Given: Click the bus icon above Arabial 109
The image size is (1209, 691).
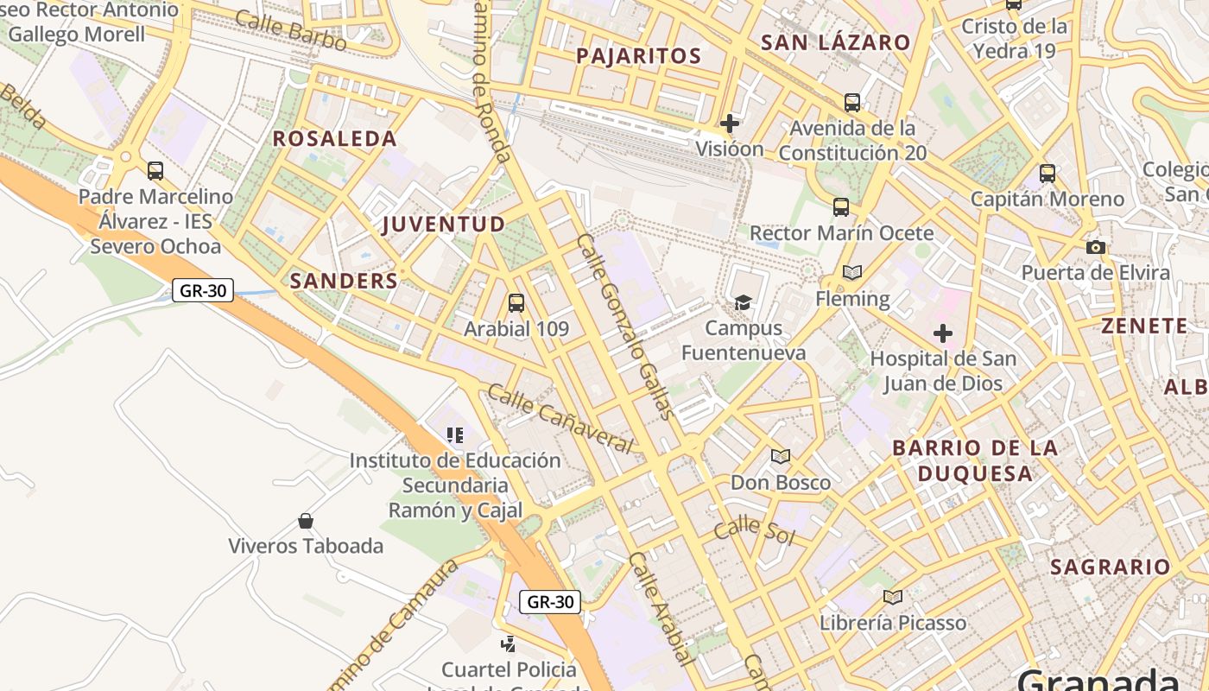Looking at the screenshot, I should click(x=516, y=303).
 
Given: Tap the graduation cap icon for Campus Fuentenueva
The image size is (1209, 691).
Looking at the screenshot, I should click(x=743, y=302).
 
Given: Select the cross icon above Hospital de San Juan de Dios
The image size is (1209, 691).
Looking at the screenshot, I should click(x=943, y=333).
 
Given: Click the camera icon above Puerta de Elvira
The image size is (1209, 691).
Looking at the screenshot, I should click(x=1096, y=248).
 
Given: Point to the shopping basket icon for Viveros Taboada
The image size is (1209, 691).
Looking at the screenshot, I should click(x=305, y=521).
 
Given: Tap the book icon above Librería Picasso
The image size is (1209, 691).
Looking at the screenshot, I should click(x=893, y=597).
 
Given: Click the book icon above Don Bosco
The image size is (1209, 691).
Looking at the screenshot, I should click(x=781, y=456).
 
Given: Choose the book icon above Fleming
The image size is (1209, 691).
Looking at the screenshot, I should click(x=852, y=273).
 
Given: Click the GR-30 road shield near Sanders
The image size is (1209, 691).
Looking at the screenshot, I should click(x=204, y=290).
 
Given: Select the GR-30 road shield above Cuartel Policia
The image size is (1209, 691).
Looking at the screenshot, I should click(x=550, y=602).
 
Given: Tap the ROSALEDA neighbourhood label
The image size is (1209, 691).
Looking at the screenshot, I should click(x=335, y=138).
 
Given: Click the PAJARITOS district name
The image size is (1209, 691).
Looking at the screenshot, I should click(x=638, y=56).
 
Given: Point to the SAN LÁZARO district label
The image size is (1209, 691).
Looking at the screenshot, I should click(x=836, y=42).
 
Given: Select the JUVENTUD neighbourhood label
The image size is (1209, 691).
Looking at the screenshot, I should click(x=444, y=224).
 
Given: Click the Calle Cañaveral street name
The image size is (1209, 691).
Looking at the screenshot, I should click(x=560, y=418).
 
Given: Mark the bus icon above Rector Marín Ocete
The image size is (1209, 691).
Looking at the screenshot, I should click(x=841, y=207).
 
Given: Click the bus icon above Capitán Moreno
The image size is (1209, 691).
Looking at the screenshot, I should click(x=1048, y=174).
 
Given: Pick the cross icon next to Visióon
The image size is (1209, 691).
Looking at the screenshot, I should click(x=730, y=124).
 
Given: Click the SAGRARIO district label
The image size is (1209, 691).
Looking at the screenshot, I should click(x=1110, y=567).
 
